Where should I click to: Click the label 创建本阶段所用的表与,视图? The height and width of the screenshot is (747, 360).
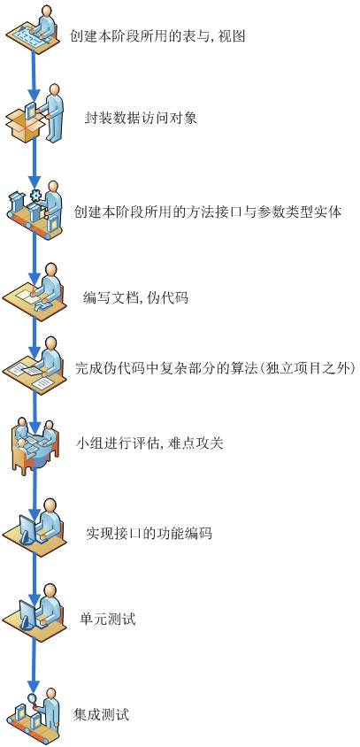[157, 35]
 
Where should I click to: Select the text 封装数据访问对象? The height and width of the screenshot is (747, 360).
[141, 118]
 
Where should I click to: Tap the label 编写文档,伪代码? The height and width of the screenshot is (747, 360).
[135, 297]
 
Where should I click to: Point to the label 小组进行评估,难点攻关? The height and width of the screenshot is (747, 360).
[149, 443]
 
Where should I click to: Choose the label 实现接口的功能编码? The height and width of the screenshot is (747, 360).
[149, 533]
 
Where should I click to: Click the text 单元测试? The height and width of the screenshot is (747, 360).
[108, 619]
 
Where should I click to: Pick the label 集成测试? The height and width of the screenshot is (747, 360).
[102, 714]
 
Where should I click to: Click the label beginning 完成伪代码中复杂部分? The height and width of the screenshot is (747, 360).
[215, 368]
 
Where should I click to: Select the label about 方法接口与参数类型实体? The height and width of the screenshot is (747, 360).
[208, 212]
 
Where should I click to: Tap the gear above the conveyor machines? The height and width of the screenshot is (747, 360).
[35, 196]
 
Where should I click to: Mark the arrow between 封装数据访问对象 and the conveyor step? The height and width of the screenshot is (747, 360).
[34, 163]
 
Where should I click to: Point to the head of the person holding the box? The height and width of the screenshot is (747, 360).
[55, 90]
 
